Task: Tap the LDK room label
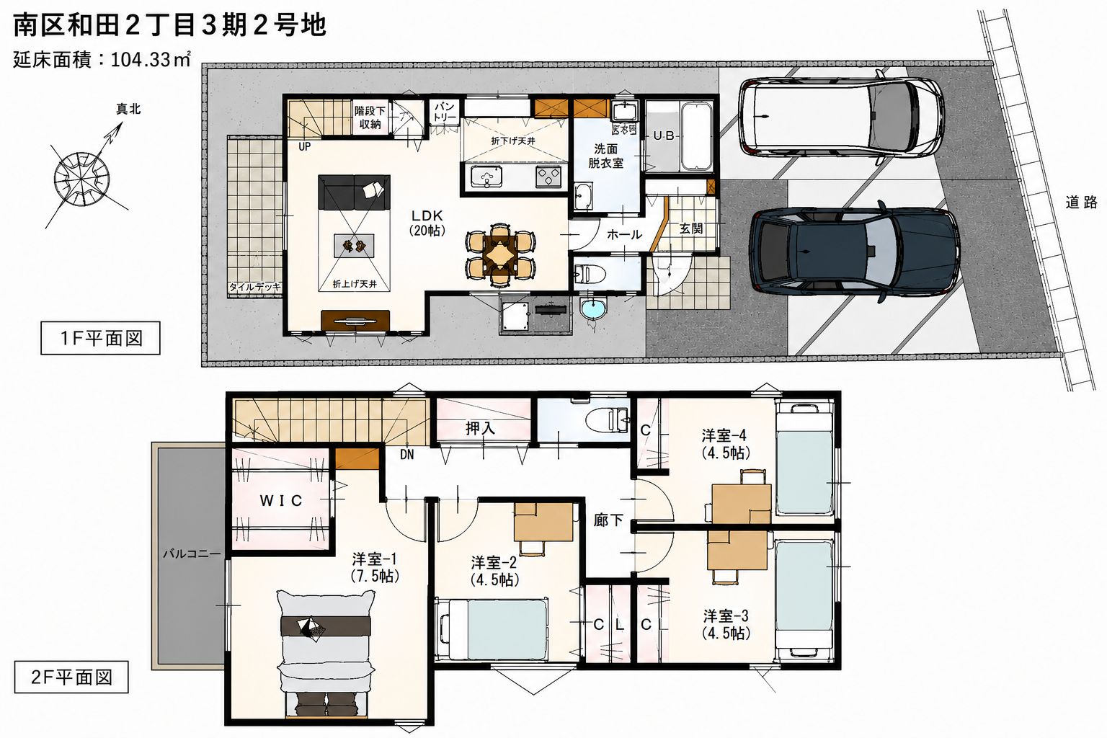[x=427, y=222]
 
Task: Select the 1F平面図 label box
[x=100, y=338]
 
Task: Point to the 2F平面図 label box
[x=71, y=677]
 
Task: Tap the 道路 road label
[x=1081, y=202]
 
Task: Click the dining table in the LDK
[x=501, y=255]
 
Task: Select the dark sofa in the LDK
[x=355, y=192]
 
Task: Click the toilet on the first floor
[x=591, y=272]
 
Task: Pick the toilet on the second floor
[x=608, y=419]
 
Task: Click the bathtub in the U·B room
[x=696, y=136]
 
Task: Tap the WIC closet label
[x=280, y=501]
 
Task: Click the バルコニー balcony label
[x=192, y=554]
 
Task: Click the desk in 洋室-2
[x=543, y=523]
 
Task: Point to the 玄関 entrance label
[x=691, y=228]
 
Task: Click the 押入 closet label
[x=481, y=428]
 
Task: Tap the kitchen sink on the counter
[x=486, y=177]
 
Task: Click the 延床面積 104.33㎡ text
[x=102, y=60]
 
